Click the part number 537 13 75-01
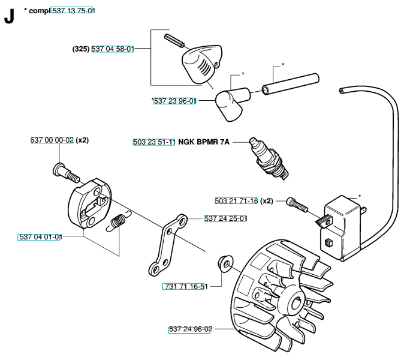point(74,11)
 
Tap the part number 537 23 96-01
point(174,101)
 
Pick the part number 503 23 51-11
point(154,143)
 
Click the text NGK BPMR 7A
point(204,143)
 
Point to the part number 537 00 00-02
point(52,140)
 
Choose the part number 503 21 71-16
point(236,201)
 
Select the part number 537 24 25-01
point(225,218)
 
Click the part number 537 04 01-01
point(40,237)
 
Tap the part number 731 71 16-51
point(184,287)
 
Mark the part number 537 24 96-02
point(190,329)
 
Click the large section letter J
point(9,17)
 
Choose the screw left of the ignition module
point(297,205)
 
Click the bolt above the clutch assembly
point(66,172)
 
